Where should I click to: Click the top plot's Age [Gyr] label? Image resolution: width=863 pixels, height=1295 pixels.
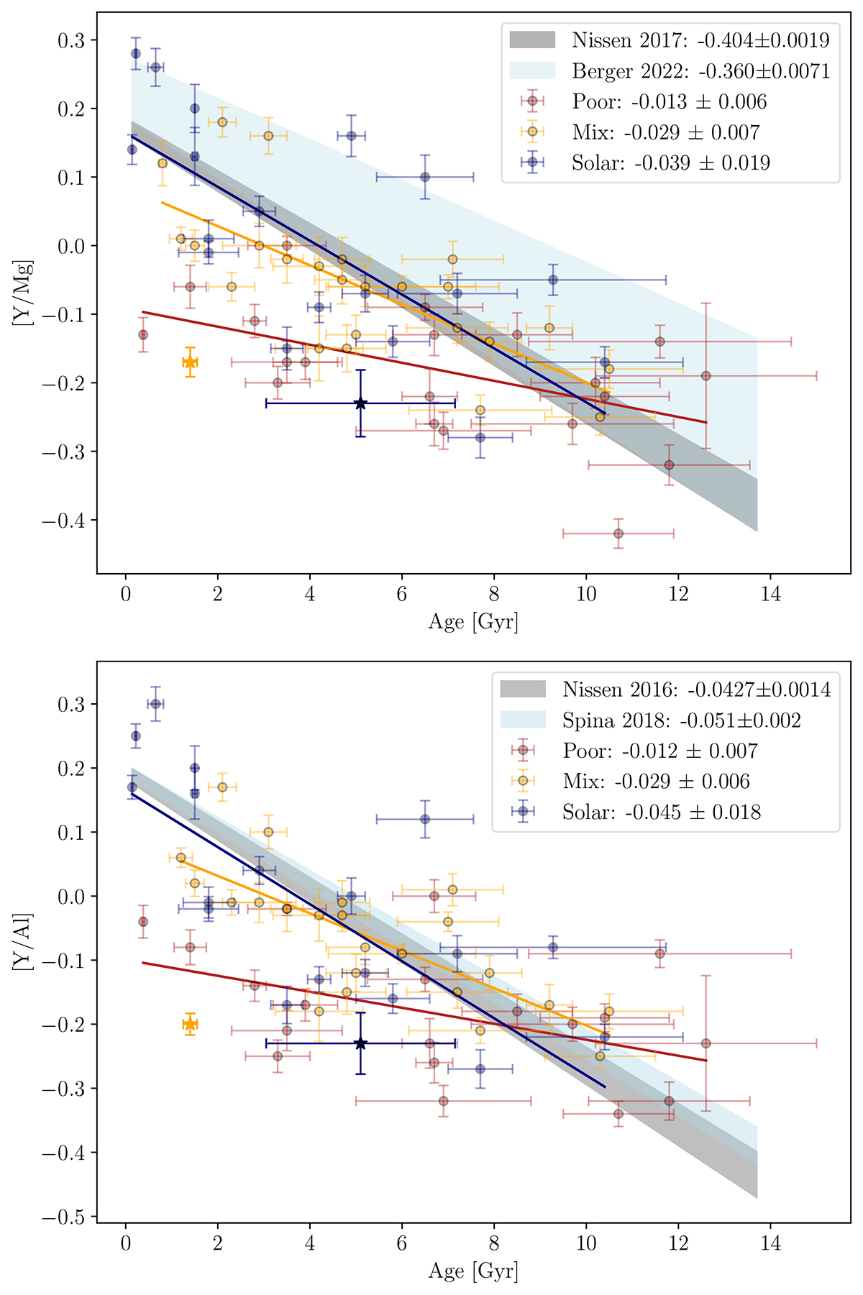(x=473, y=621)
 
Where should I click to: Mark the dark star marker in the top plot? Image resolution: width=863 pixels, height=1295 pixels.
(x=360, y=403)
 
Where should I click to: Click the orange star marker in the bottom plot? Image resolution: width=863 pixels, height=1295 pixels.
(x=190, y=1024)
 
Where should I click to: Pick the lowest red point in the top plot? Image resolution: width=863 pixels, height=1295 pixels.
(x=618, y=534)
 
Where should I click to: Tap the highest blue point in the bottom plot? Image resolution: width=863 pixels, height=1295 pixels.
(x=155, y=703)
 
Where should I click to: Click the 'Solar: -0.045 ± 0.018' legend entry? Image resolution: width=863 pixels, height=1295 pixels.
(x=661, y=813)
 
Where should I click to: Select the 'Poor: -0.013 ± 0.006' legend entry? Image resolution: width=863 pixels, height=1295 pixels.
(x=669, y=101)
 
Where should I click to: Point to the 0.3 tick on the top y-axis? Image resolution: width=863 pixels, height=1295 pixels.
(x=70, y=40)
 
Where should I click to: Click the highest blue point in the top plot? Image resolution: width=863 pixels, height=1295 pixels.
(x=135, y=53)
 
